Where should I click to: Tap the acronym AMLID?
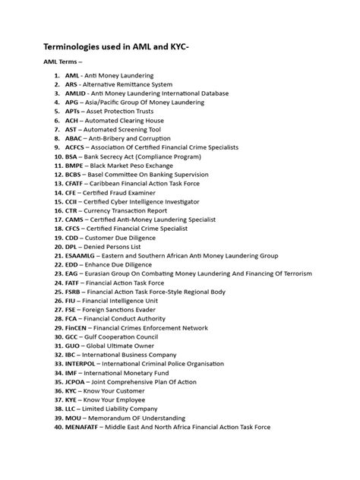click(x=77, y=93)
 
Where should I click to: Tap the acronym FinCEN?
click(x=77, y=327)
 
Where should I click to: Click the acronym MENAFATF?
click(x=86, y=427)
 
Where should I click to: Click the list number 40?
click(x=57, y=427)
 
